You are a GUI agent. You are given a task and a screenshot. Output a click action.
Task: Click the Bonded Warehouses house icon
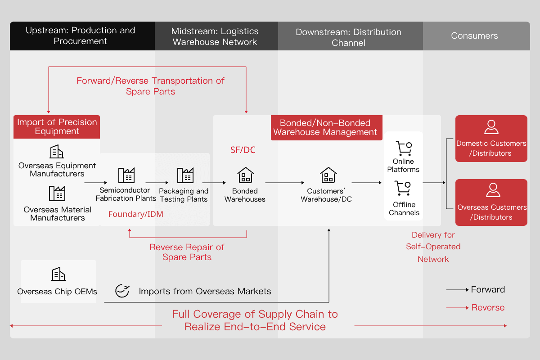coord(245,175)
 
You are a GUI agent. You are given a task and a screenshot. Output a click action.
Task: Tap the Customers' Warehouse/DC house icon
coord(328,175)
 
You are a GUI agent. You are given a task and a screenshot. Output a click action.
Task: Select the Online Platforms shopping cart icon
coord(403,148)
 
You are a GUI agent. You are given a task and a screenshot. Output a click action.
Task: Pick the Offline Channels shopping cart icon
coord(403,188)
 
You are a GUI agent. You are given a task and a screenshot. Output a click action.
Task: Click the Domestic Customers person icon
coord(491,127)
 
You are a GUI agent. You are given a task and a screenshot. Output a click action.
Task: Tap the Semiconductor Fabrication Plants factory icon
coord(126,175)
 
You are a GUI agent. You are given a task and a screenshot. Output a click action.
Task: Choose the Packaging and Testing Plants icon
coord(185,175)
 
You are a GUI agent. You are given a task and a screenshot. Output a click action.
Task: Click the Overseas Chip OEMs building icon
coord(58,274)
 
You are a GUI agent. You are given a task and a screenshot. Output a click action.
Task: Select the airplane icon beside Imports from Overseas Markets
coord(122,291)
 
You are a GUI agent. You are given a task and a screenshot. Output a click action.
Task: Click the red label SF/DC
coord(243,150)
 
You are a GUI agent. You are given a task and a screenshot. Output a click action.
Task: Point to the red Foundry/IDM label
coord(136,214)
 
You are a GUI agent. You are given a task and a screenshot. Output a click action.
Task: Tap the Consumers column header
coord(474,36)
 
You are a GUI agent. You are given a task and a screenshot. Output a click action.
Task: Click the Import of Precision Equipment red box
coord(57,126)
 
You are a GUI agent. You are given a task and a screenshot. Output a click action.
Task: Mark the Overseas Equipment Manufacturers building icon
coord(57,152)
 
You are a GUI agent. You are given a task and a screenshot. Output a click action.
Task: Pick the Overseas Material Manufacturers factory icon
coord(57,193)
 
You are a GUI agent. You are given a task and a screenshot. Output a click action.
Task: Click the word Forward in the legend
coord(488,290)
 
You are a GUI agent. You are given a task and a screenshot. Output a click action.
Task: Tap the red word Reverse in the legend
coord(488,308)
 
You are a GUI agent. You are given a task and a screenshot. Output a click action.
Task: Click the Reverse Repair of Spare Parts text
coord(187,252)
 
